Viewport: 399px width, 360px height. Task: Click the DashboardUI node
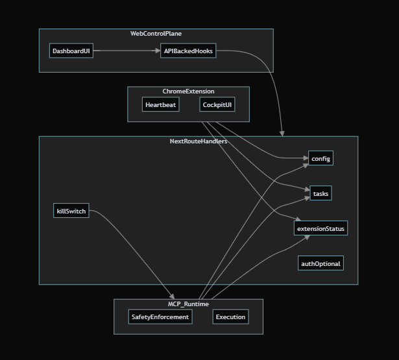click(x=71, y=51)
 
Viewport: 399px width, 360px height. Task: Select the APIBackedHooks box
click(x=188, y=51)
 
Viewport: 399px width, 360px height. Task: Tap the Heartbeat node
click(x=160, y=105)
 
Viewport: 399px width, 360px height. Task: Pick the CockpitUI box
click(x=217, y=105)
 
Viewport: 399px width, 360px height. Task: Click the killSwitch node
click(x=71, y=211)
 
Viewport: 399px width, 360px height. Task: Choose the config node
click(x=321, y=158)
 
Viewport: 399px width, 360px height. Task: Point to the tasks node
click(x=320, y=193)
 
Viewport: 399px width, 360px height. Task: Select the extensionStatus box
click(x=321, y=228)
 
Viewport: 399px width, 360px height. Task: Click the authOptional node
click(x=320, y=263)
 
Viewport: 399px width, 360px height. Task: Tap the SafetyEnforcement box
click(x=160, y=317)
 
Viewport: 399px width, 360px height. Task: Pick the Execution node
click(x=230, y=317)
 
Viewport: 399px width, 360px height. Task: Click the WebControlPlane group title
click(x=156, y=34)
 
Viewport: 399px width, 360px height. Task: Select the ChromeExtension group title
click(x=188, y=91)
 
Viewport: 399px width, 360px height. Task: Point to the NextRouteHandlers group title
click(x=198, y=141)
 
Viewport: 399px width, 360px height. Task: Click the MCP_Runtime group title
click(x=188, y=304)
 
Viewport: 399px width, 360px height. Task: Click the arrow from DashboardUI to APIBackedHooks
click(x=127, y=51)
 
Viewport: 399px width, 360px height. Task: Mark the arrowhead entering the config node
click(x=306, y=158)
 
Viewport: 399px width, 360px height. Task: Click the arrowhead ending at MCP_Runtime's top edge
click(x=172, y=296)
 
